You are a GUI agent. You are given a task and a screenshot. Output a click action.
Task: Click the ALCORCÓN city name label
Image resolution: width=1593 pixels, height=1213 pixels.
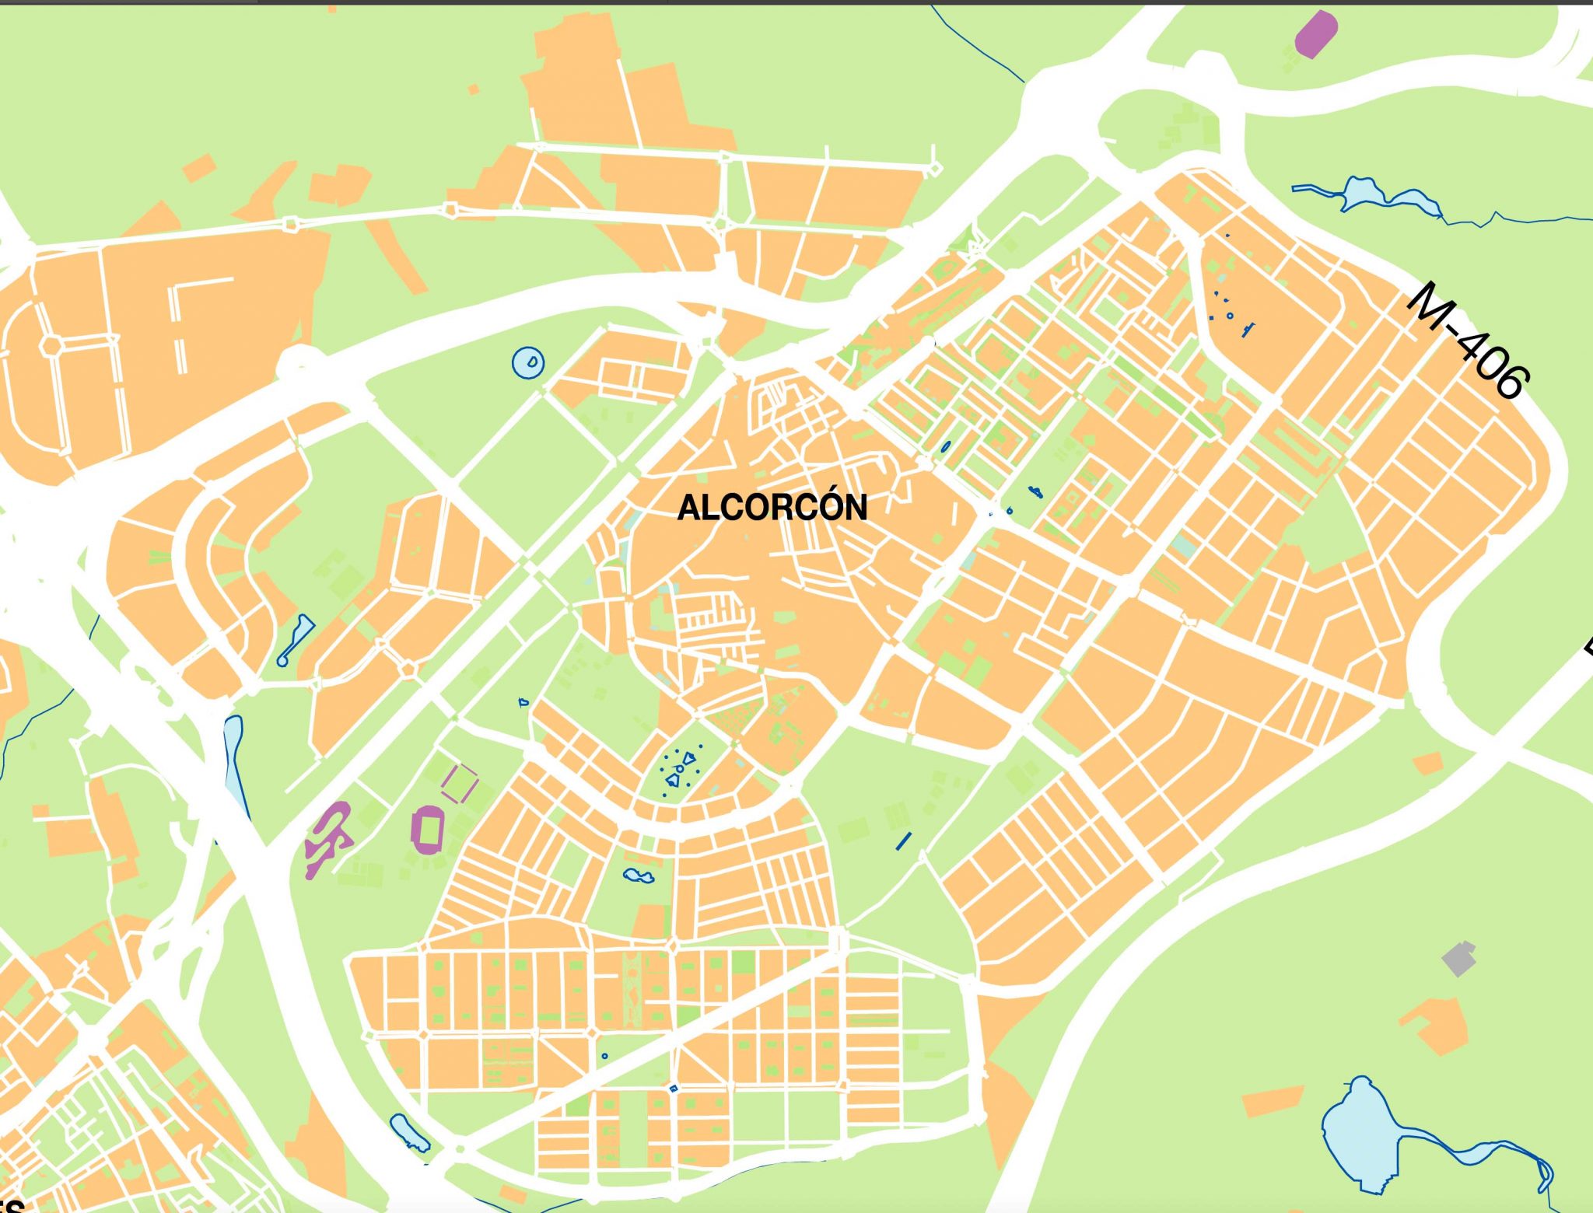[772, 508]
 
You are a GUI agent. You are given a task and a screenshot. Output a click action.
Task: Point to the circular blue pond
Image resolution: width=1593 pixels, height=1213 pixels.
[528, 362]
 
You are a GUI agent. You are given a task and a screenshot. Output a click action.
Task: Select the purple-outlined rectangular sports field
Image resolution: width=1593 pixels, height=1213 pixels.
[460, 782]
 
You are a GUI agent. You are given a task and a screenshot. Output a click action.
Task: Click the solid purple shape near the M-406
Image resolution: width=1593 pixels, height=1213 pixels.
[1315, 34]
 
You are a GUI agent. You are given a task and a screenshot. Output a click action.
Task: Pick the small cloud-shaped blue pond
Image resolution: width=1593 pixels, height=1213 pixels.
[639, 876]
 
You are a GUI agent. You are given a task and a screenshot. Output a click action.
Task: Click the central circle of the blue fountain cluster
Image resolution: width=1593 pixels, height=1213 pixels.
[679, 769]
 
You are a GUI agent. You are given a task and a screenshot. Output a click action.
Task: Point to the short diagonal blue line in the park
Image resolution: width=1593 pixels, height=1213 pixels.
[903, 841]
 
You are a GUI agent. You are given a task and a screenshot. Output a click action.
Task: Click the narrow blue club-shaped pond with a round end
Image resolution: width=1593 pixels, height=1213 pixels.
[296, 639]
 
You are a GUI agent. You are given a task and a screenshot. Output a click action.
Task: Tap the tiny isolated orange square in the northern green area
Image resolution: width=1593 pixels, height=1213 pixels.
[473, 90]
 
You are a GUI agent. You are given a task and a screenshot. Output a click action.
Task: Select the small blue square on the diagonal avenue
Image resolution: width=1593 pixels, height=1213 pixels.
[674, 1089]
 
